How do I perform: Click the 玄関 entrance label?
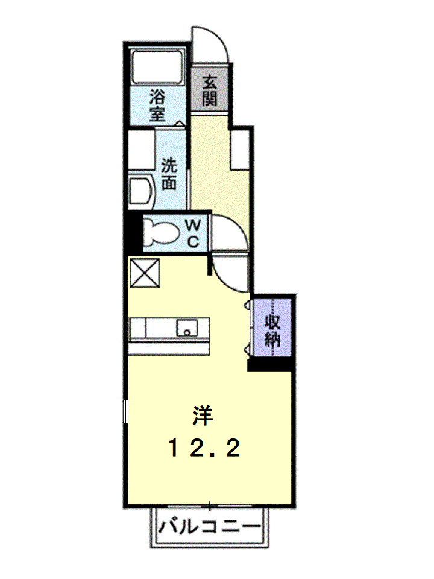tap(209, 90)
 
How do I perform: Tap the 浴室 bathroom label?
tap(157, 106)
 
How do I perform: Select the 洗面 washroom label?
tap(169, 174)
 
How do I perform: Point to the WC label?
tap(193, 233)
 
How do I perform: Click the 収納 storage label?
tap(272, 331)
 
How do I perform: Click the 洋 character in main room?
tap(203, 416)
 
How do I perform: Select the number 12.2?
tap(204, 448)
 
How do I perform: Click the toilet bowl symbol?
tap(162, 233)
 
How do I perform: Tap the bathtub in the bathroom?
tap(157, 68)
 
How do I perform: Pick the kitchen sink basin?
tap(187, 327)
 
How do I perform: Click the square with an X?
tap(145, 273)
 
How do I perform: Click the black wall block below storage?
tap(271, 364)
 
